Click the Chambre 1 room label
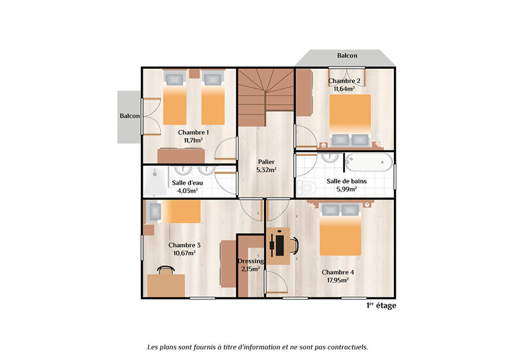click(x=193, y=132)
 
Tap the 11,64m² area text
click(x=345, y=89)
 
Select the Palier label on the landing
click(x=266, y=161)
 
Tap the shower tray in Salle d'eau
click(x=155, y=181)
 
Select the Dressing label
click(x=251, y=261)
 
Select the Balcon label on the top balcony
click(x=347, y=55)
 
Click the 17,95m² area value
click(x=338, y=280)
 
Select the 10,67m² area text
click(x=184, y=253)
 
